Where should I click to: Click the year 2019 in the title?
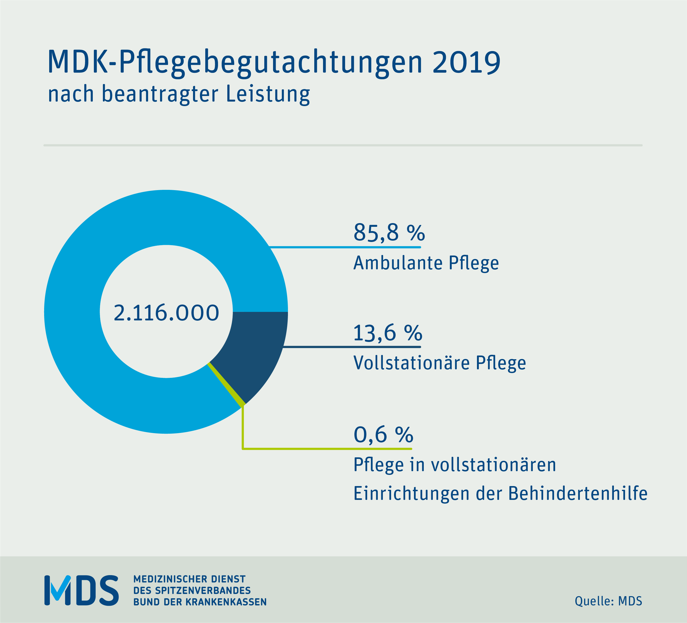[466, 63]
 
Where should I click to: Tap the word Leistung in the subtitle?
[268, 94]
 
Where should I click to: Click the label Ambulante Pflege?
[426, 263]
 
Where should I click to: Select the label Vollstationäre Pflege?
[439, 363]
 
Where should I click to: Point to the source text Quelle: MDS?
[608, 601]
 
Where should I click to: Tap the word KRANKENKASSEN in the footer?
[226, 602]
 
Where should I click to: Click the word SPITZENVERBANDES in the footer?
[203, 590]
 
